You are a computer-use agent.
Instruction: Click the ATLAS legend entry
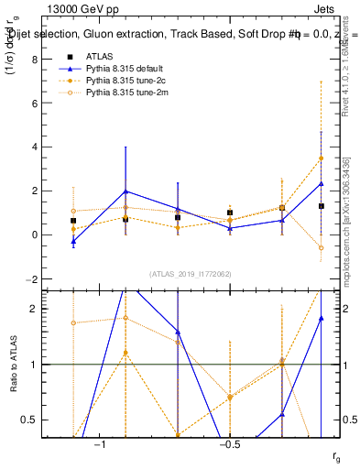98,57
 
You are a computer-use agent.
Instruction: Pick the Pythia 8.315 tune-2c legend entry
122,81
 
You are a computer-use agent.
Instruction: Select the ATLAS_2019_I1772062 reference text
191,273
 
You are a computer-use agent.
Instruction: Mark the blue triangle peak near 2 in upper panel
125,191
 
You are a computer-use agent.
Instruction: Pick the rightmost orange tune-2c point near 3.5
321,158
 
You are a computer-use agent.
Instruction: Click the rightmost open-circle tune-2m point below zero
321,247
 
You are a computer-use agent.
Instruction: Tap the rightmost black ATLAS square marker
321,206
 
